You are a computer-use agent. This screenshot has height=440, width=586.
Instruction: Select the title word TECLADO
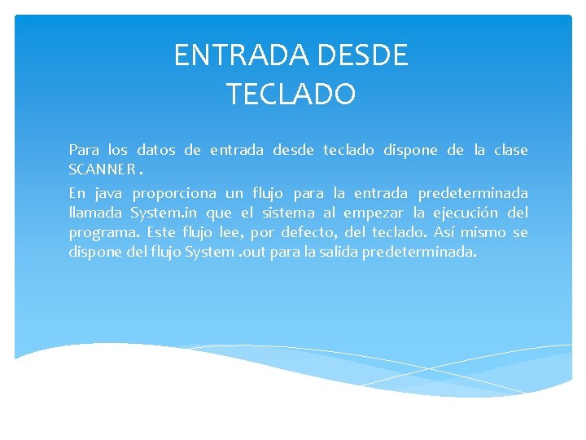[x=291, y=95]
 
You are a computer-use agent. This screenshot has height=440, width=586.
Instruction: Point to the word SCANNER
[x=102, y=169]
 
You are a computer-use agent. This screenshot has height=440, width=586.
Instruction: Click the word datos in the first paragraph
[x=155, y=150]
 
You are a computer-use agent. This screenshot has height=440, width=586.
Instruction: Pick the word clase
[x=511, y=150]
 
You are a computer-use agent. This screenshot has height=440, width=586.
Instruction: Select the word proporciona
[x=175, y=193]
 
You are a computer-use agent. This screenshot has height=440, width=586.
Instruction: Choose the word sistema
[x=290, y=213]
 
